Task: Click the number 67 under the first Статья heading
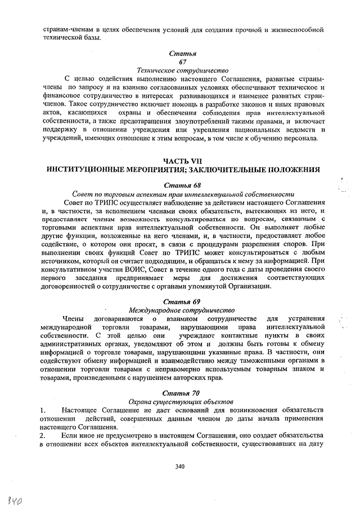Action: click(x=182, y=61)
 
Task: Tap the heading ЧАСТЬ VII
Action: click(x=182, y=160)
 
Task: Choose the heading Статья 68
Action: click(x=182, y=184)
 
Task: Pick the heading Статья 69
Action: click(x=182, y=301)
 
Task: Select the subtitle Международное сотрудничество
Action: click(x=182, y=310)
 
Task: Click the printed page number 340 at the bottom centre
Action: click(x=180, y=466)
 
